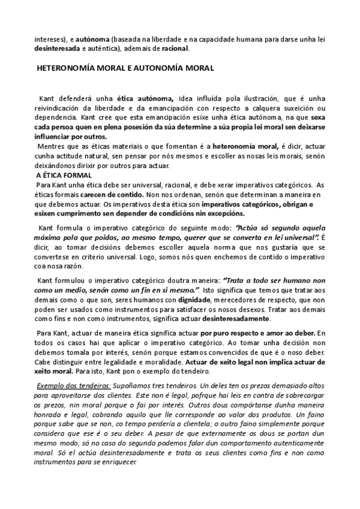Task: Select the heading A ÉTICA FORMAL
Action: coord(60,175)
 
